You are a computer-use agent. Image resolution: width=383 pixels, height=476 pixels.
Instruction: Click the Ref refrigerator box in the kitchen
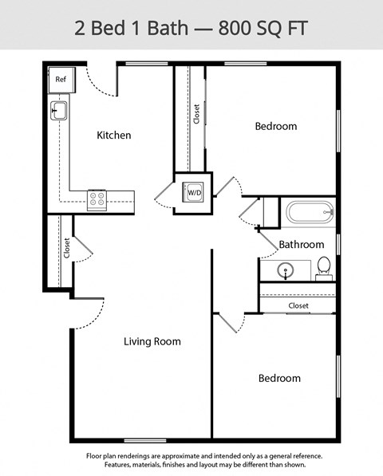(61, 79)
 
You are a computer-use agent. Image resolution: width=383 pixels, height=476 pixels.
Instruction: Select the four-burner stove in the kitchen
(97, 198)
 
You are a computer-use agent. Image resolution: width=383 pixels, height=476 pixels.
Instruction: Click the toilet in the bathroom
(324, 267)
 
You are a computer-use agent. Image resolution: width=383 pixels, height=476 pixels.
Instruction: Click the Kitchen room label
(113, 136)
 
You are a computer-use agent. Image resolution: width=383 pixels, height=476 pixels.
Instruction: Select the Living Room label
(152, 341)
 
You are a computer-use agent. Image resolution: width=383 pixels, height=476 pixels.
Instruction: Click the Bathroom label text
(301, 244)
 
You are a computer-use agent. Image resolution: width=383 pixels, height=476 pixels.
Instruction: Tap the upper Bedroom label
(275, 126)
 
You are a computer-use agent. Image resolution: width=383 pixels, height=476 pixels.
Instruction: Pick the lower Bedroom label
(279, 378)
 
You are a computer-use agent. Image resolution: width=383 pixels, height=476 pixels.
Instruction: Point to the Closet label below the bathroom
(298, 305)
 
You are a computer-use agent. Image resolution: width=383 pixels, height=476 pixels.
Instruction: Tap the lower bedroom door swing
(229, 323)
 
